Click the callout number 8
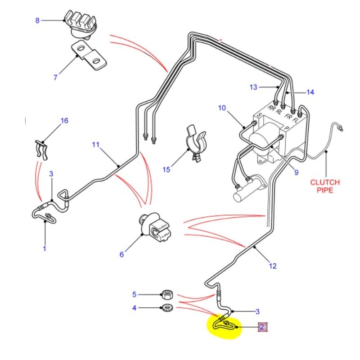(37, 20)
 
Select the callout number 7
(55, 77)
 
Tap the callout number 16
(64, 121)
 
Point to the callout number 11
(95, 145)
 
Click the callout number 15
(166, 169)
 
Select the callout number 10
(221, 108)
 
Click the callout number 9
(296, 171)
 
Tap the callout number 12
(273, 265)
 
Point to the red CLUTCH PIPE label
(324, 186)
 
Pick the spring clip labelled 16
(41, 149)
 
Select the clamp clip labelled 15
(195, 141)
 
